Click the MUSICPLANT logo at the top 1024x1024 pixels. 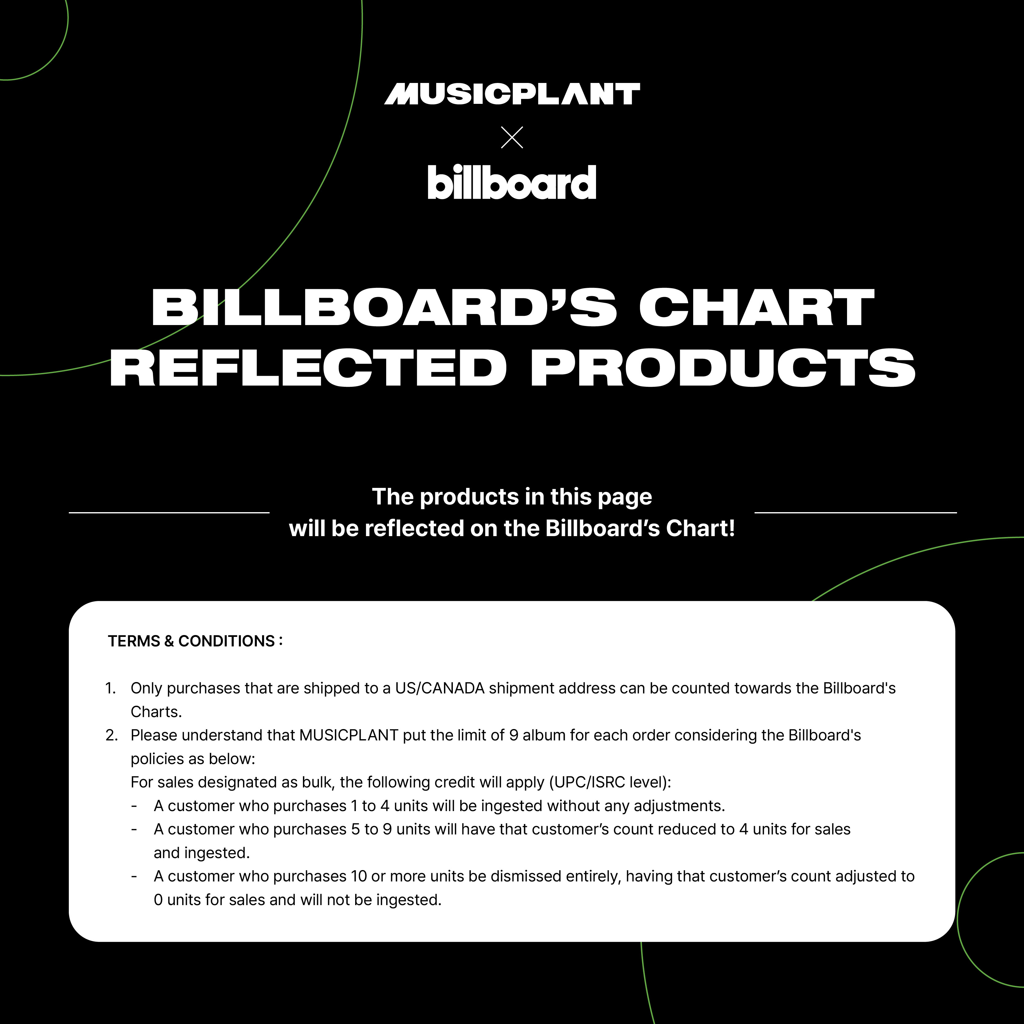(512, 94)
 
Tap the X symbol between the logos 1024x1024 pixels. (512, 137)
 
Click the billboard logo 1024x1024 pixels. (512, 182)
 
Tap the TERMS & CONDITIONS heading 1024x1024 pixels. (195, 641)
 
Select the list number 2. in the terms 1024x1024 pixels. (111, 735)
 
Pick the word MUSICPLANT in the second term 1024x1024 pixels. (349, 735)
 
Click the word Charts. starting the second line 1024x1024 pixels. (156, 712)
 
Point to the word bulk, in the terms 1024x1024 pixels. (319, 782)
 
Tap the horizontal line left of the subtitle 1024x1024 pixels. (169, 512)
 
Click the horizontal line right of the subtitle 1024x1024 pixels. (855, 512)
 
